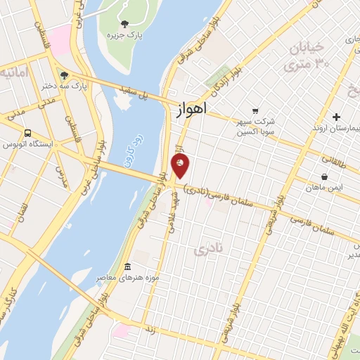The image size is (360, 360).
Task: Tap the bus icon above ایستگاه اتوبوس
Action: click(27, 133)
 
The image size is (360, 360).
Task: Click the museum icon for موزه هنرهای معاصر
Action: click(127, 266)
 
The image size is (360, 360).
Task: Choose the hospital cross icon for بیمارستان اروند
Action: click(336, 117)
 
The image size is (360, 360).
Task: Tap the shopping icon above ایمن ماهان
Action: click(323, 177)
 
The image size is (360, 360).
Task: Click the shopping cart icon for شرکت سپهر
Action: click(255, 110)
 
